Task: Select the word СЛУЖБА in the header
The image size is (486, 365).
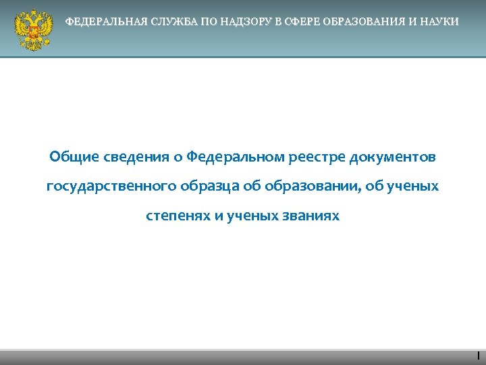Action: point(168,22)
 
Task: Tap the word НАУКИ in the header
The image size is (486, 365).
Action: point(439,22)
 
